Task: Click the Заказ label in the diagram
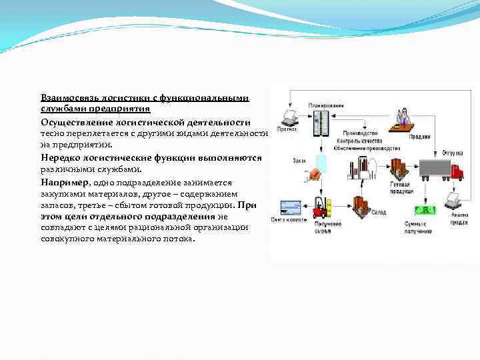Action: pos(298,160)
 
